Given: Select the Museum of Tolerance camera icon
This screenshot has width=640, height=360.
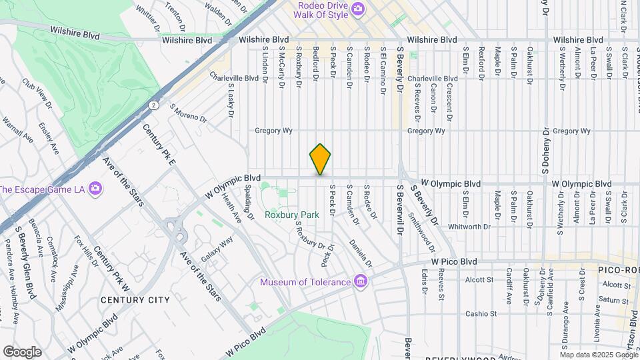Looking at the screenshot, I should pyautogui.click(x=361, y=281).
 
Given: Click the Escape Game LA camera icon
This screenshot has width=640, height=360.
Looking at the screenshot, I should pyautogui.click(x=95, y=189).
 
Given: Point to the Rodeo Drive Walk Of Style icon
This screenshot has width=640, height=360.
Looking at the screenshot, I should pyautogui.click(x=358, y=9).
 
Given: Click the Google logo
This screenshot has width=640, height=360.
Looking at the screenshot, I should pyautogui.click(x=22, y=351).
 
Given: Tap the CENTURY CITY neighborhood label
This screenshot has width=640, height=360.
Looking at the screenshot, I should pyautogui.click(x=135, y=300).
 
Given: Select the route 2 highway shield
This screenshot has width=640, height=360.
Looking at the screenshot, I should pyautogui.click(x=154, y=105).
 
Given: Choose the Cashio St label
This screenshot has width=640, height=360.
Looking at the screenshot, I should pyautogui.click(x=481, y=313).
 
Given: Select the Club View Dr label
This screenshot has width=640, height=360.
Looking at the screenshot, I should pyautogui.click(x=37, y=94).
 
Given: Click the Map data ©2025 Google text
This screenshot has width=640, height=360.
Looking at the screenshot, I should pyautogui.click(x=598, y=354).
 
